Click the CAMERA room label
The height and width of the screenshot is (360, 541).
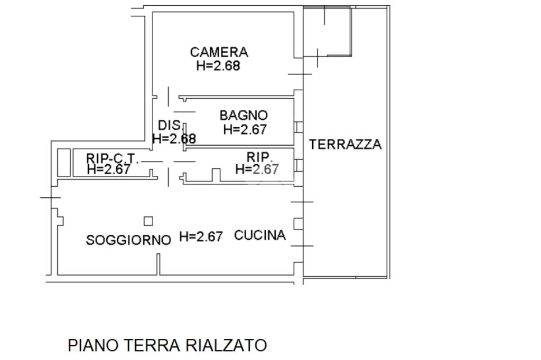click(x=219, y=52)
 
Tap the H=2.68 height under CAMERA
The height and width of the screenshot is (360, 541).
click(x=218, y=65)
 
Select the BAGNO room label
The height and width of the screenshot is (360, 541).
click(x=244, y=115)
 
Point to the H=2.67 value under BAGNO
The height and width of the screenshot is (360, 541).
click(x=245, y=129)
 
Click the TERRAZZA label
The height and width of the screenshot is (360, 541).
click(x=346, y=144)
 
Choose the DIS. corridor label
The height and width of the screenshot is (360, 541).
click(x=170, y=125)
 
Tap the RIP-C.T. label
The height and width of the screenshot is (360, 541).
click(x=113, y=158)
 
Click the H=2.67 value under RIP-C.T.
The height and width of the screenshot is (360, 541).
click(x=109, y=169)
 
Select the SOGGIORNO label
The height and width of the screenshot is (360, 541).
click(x=128, y=240)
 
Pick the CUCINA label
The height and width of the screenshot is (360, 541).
click(x=260, y=235)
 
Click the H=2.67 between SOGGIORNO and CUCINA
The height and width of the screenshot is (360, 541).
click(x=201, y=236)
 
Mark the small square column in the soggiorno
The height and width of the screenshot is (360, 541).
click(x=148, y=221)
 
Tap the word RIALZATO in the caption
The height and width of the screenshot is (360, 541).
click(x=226, y=345)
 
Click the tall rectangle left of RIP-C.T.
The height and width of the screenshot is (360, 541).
click(x=64, y=163)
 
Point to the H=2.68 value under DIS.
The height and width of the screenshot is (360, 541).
click(x=174, y=139)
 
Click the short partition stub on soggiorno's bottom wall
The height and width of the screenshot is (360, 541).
click(x=158, y=264)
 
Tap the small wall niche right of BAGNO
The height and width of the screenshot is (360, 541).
click(x=299, y=127)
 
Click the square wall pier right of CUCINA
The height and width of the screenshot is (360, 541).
click(x=299, y=224)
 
